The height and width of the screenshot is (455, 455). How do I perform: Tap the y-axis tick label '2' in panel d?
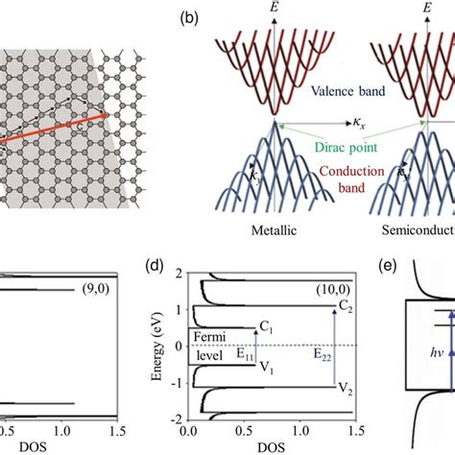point(192,274)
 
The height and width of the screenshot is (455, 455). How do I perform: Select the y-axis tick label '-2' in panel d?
point(190,419)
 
